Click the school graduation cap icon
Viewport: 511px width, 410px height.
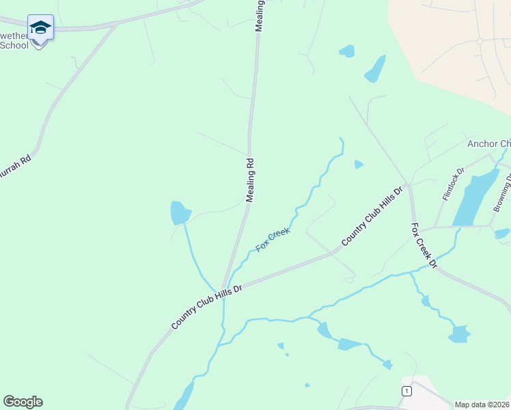pos(40,28)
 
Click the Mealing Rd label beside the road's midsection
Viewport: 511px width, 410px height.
pos(250,180)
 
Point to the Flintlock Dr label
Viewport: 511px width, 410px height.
pos(453,184)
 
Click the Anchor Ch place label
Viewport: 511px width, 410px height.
pos(488,143)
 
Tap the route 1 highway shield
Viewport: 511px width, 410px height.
pos(407,390)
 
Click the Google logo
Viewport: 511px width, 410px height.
pos(23,402)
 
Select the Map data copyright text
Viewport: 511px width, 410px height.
pos(482,405)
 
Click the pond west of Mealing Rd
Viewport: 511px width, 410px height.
pos(180,213)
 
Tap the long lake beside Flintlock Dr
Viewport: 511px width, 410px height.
pos(475,197)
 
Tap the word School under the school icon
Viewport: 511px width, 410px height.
pos(14,45)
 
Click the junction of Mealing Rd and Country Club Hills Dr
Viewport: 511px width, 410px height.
pos(223,288)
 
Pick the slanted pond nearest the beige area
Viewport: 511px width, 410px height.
pos(374,68)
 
